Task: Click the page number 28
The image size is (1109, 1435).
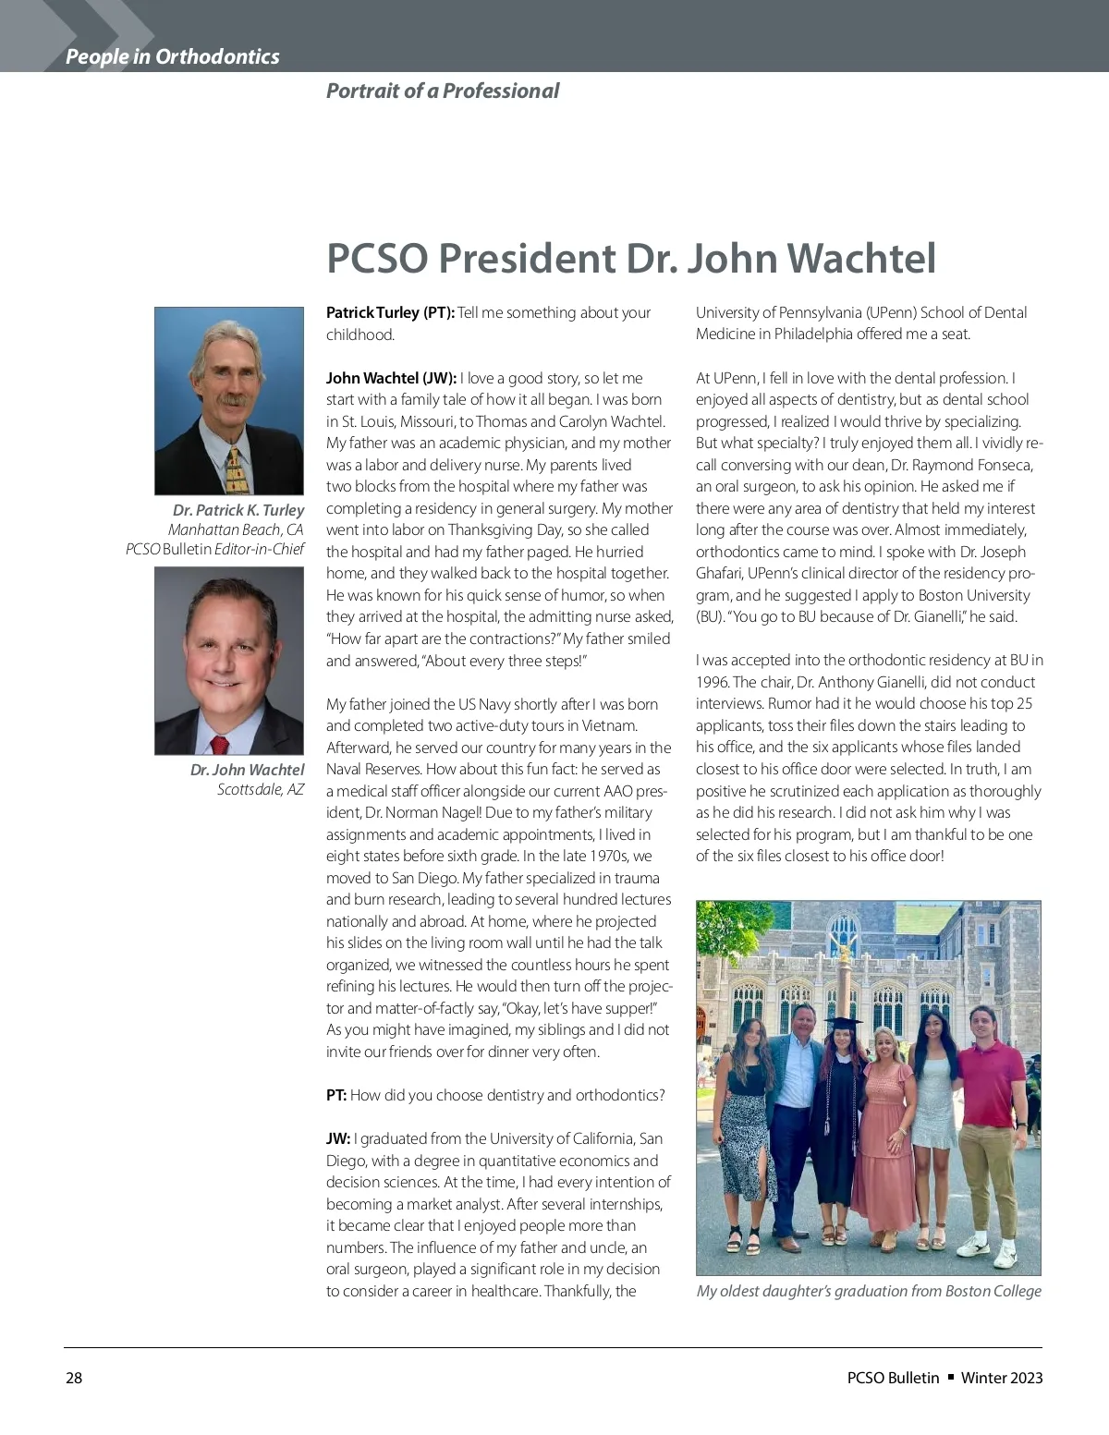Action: (x=74, y=1378)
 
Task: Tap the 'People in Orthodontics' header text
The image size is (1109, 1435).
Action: (x=172, y=56)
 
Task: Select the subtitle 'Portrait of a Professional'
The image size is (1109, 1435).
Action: (x=442, y=91)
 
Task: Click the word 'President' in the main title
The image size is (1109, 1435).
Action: (x=526, y=258)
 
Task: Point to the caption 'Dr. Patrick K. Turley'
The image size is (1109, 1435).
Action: (x=238, y=510)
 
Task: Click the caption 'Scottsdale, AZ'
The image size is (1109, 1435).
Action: (x=260, y=789)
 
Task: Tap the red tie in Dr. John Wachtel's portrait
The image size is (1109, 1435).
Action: (x=219, y=745)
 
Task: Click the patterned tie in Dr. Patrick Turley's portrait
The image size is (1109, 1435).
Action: (x=235, y=468)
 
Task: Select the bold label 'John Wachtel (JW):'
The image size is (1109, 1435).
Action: (x=391, y=378)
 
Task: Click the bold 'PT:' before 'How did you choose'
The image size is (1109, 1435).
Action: (x=336, y=1095)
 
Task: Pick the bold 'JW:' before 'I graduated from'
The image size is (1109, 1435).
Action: (x=338, y=1138)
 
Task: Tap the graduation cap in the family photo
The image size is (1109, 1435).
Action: (x=842, y=1023)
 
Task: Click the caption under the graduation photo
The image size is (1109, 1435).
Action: (x=869, y=1291)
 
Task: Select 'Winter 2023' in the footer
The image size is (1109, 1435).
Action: (x=1002, y=1378)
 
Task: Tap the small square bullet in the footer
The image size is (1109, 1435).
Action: (x=950, y=1377)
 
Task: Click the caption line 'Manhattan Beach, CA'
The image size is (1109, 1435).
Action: (x=236, y=529)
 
